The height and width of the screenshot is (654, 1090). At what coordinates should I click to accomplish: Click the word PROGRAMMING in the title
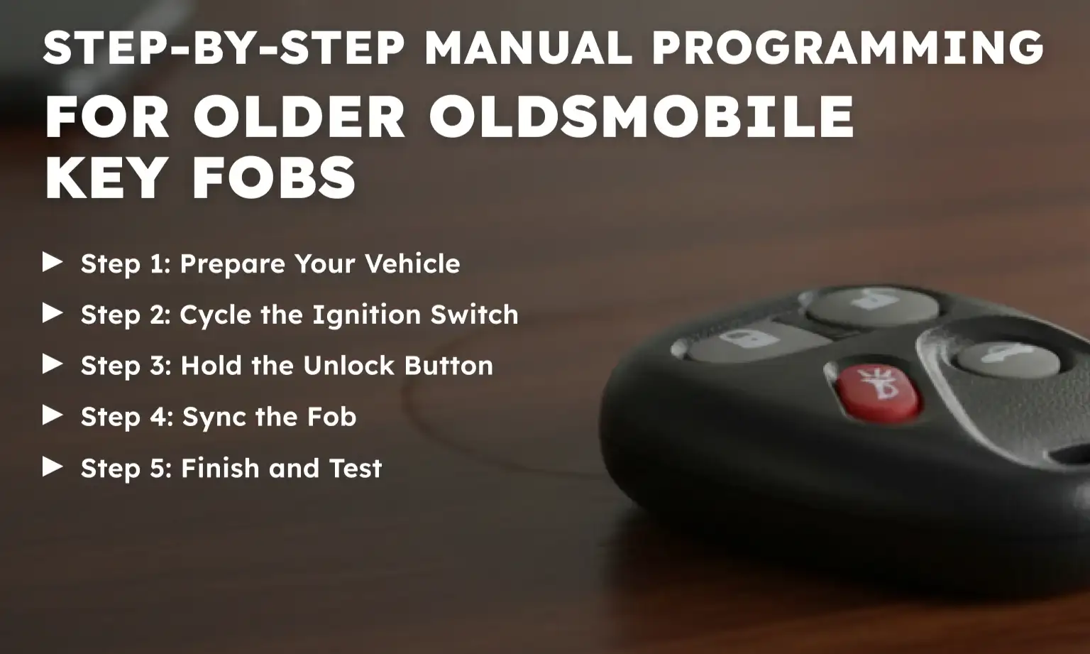(x=847, y=48)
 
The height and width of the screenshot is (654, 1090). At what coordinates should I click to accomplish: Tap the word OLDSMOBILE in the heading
(x=642, y=116)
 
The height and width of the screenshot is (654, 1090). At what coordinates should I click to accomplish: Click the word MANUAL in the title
(x=528, y=48)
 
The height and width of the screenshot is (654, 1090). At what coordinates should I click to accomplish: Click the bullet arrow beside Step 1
(x=53, y=262)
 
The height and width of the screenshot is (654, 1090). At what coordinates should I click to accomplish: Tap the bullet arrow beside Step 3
(x=53, y=364)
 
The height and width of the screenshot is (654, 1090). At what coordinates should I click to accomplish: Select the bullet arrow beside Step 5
(x=53, y=467)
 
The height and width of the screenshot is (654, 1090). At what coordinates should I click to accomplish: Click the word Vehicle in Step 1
(x=412, y=263)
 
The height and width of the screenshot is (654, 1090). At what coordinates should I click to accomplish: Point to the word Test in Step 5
(x=355, y=468)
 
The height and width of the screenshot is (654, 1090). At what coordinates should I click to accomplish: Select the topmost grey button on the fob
(x=873, y=305)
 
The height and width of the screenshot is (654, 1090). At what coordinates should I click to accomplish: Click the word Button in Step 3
(x=448, y=366)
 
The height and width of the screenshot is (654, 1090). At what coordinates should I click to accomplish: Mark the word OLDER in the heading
(x=299, y=116)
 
